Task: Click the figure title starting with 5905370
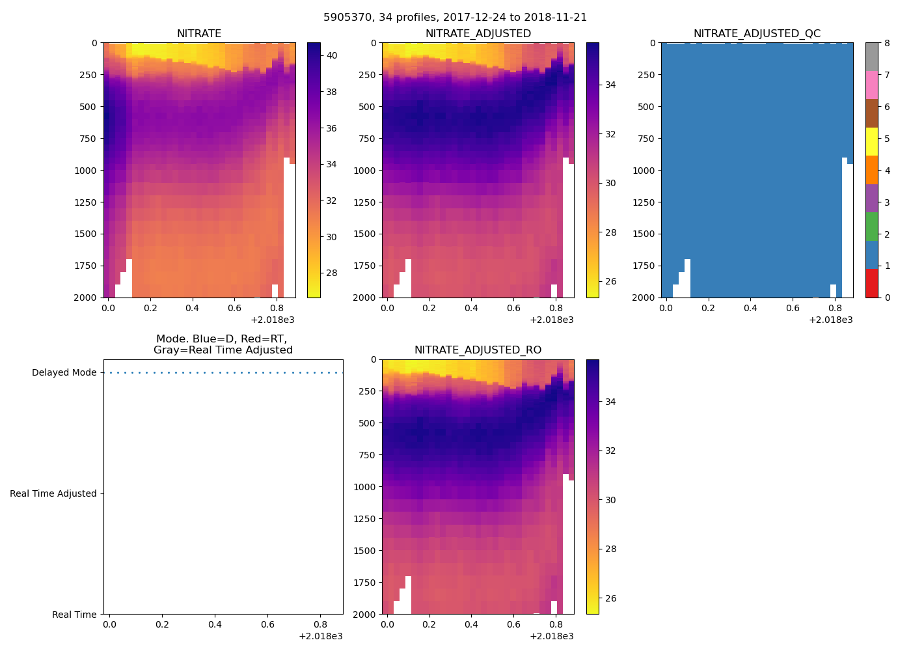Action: (x=455, y=18)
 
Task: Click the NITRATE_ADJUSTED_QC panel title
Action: (x=757, y=34)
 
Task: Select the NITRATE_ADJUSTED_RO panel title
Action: (x=478, y=350)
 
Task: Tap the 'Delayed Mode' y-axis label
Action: (x=64, y=373)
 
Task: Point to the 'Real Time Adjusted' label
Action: (x=53, y=493)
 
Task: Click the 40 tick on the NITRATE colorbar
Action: (x=331, y=56)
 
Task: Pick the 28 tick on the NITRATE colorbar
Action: (x=331, y=273)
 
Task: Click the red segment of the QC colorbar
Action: (x=872, y=283)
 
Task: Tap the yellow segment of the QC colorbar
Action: (x=872, y=142)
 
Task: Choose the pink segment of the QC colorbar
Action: (x=872, y=85)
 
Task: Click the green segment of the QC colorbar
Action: (x=872, y=227)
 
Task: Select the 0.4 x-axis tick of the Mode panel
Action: (x=215, y=625)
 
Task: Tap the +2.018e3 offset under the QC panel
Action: (x=830, y=320)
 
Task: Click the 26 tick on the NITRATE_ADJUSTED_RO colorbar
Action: (x=610, y=599)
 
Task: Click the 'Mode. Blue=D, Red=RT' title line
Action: (x=221, y=339)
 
